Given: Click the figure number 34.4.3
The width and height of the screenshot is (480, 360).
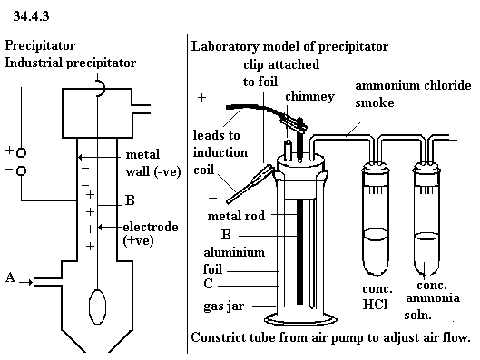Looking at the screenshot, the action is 31,16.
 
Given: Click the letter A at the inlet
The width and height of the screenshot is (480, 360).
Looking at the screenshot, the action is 10,277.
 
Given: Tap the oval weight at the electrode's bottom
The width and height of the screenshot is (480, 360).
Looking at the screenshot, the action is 97,306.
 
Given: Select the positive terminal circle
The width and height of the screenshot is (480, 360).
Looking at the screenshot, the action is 21,152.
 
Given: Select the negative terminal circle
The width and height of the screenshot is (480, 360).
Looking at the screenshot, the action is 21,170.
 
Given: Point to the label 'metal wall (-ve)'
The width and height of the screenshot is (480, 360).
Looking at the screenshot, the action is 153,163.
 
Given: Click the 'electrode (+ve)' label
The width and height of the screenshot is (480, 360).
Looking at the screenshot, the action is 151,234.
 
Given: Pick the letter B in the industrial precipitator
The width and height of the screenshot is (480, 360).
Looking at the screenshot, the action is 130,200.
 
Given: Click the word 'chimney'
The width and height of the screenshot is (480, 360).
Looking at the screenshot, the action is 309,97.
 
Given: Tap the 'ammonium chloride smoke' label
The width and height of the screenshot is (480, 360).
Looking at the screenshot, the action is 413,94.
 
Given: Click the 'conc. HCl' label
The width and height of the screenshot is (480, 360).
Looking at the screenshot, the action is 377,297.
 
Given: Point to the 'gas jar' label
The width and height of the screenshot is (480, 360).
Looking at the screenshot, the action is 224,306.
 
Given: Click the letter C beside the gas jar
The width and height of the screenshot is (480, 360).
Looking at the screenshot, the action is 208,283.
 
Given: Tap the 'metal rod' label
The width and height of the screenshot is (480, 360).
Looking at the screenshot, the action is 236,216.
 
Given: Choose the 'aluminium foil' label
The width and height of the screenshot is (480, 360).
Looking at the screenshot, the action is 234,260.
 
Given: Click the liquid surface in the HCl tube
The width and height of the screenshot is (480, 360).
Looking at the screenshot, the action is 377,233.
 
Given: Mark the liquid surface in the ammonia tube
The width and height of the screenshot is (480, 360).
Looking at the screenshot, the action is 426,236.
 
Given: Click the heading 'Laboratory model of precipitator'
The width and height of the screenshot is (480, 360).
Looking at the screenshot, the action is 289,46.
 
